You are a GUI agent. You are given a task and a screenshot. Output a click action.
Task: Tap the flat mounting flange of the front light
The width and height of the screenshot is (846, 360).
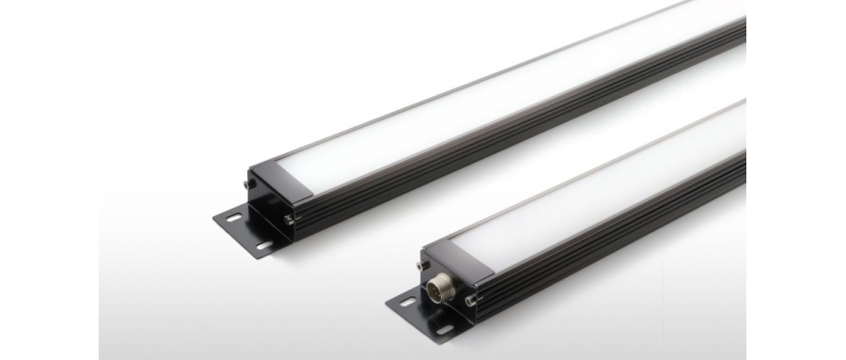(x=423, y=315)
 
